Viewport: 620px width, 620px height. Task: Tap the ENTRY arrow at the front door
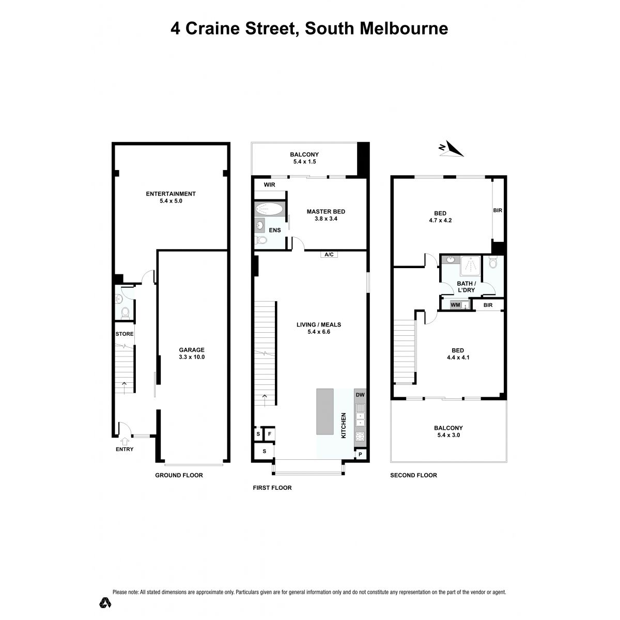click(x=125, y=442)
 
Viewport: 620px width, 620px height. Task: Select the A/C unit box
click(x=329, y=255)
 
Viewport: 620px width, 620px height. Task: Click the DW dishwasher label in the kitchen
click(x=360, y=395)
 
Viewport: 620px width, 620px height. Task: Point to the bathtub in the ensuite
click(x=270, y=210)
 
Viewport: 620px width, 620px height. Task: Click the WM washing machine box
click(x=455, y=305)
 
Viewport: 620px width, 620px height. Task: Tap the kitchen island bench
click(x=324, y=411)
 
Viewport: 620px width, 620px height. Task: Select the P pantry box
click(x=360, y=454)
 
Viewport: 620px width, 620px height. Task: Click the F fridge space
click(x=270, y=434)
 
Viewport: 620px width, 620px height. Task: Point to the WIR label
click(x=269, y=184)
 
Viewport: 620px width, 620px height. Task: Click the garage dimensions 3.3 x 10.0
click(x=192, y=357)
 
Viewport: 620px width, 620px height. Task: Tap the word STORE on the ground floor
click(x=125, y=334)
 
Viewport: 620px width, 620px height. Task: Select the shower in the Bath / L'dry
click(x=470, y=266)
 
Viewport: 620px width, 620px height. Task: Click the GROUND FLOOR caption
click(x=179, y=475)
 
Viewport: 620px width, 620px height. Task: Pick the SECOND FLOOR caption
click(x=413, y=475)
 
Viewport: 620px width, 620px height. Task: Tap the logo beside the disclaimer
click(x=105, y=602)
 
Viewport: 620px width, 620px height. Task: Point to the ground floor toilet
click(x=125, y=313)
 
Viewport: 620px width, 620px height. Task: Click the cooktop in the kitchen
click(x=360, y=436)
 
